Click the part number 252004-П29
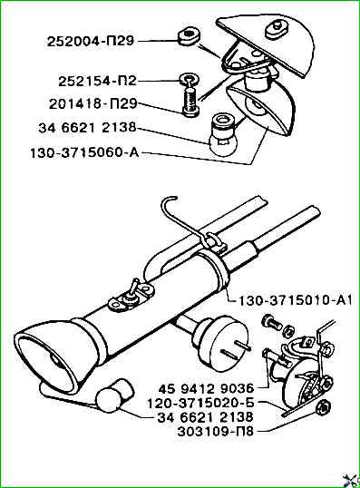91,41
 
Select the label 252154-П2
98,82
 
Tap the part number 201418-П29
93,104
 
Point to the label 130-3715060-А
84,152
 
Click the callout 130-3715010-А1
295,300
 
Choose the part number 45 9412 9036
207,389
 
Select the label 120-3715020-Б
200,403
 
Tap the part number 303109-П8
215,432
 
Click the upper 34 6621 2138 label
87,128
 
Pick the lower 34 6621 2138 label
206,417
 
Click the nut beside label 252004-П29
189,37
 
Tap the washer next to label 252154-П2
188,79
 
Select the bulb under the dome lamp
222,134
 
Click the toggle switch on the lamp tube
133,295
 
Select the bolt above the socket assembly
272,322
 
